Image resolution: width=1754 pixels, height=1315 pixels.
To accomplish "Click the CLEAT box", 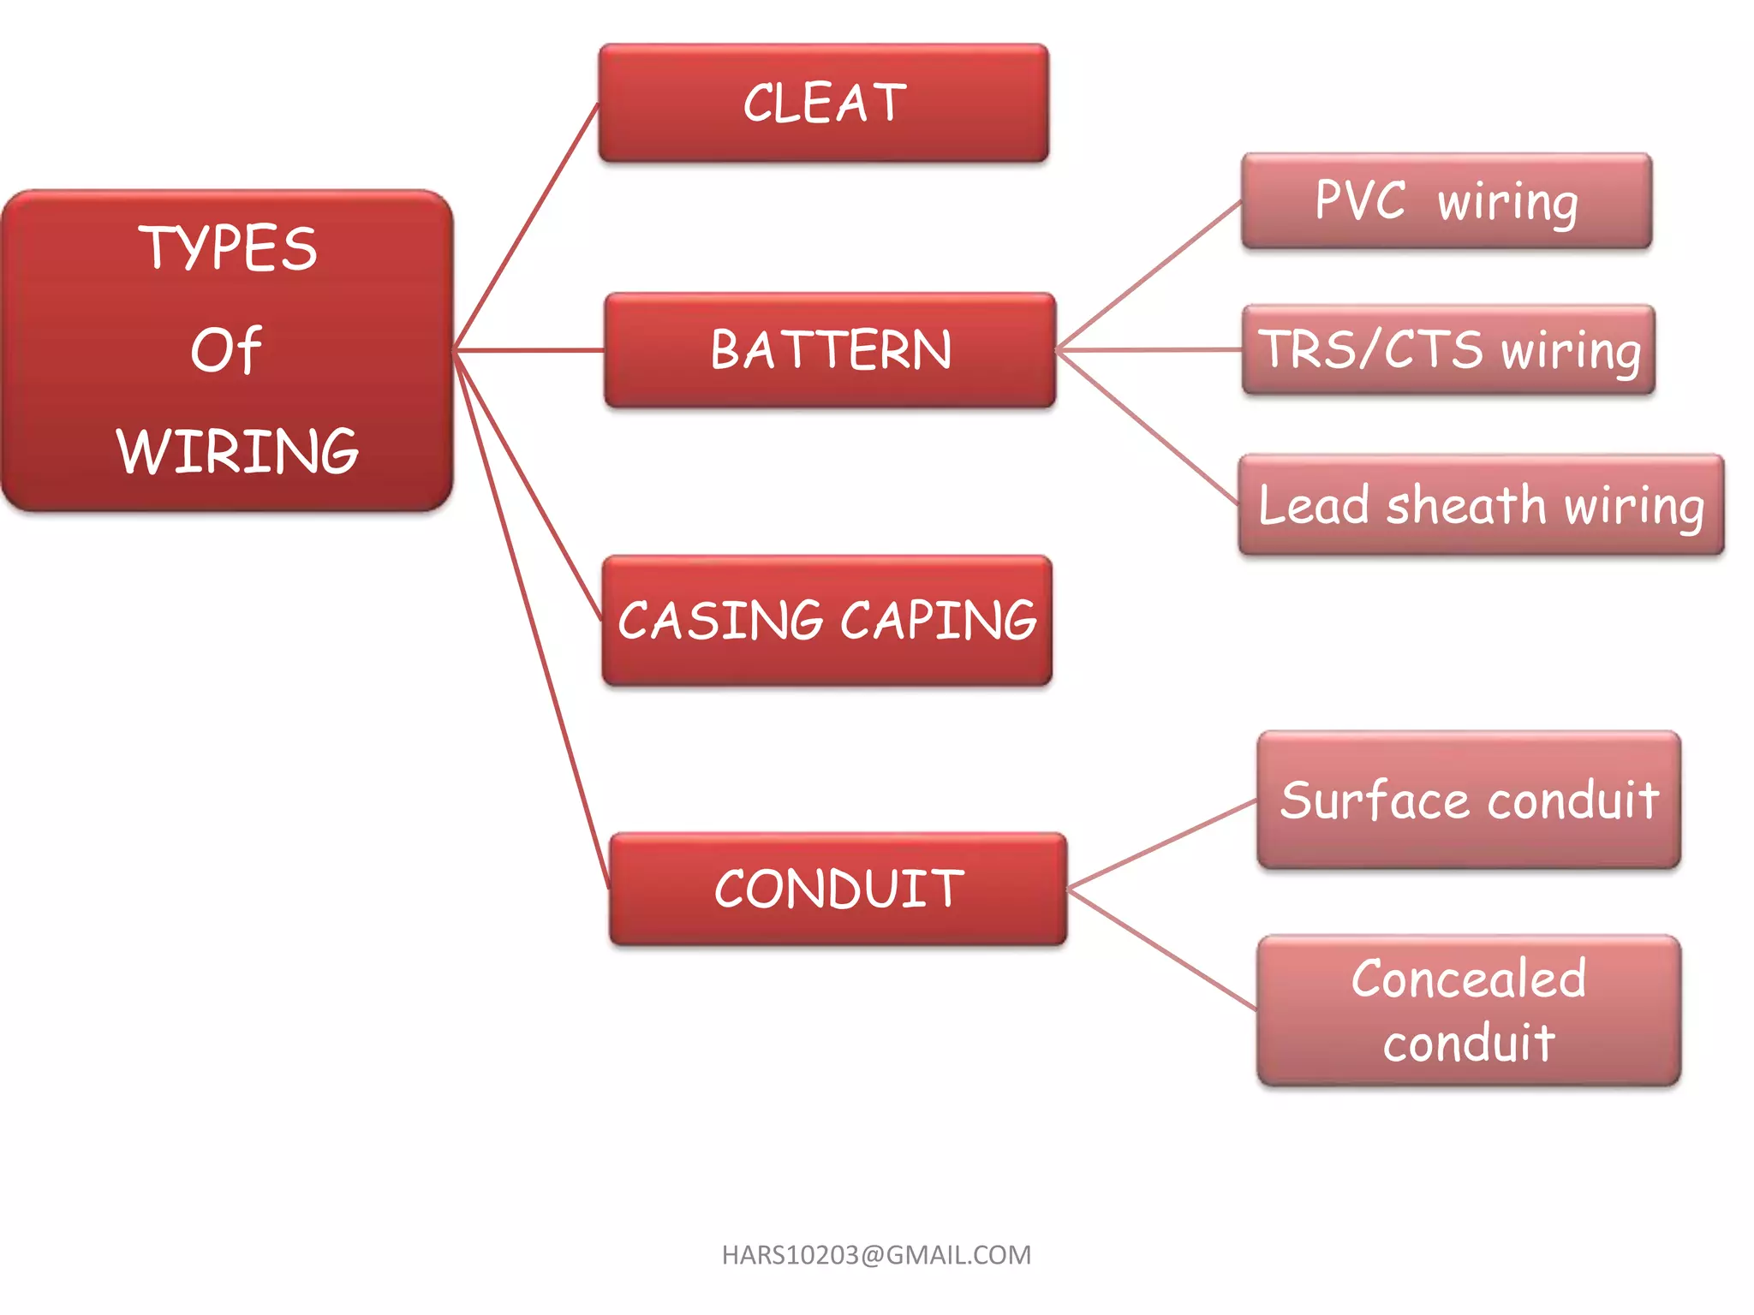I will click(824, 103).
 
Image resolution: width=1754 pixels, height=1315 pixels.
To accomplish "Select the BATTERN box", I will click(829, 350).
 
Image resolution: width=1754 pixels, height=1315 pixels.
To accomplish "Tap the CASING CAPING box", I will click(826, 620).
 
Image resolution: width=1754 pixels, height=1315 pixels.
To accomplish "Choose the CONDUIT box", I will click(838, 889).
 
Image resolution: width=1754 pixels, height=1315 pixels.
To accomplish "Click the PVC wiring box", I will click(1447, 201).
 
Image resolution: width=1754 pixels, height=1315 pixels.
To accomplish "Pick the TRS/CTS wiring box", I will click(1448, 349).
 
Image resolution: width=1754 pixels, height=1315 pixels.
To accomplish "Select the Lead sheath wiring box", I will click(1481, 504).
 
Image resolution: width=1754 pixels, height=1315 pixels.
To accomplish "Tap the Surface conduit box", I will click(1469, 800).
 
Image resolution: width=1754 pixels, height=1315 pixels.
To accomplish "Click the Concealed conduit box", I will click(1469, 1010).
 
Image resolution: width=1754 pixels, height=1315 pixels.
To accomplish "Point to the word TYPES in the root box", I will click(228, 248).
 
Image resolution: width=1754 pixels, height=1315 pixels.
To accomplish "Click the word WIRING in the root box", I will click(237, 451).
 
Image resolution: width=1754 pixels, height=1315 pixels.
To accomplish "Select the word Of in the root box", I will click(225, 350).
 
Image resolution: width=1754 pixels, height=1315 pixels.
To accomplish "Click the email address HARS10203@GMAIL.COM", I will click(876, 1255).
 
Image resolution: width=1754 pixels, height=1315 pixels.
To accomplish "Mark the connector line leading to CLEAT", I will click(527, 227).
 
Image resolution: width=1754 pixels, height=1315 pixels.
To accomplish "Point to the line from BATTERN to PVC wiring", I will click(1148, 276).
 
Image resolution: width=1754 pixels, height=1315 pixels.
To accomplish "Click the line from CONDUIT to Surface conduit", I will click(1162, 844).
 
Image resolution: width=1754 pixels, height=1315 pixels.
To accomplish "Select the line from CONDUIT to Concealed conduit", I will click(1162, 949).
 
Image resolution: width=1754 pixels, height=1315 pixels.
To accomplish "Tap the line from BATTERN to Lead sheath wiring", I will click(1148, 427).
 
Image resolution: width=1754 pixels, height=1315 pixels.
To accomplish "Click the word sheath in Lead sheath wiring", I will click(1465, 504).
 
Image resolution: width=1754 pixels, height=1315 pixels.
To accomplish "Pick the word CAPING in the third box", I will click(939, 620).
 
